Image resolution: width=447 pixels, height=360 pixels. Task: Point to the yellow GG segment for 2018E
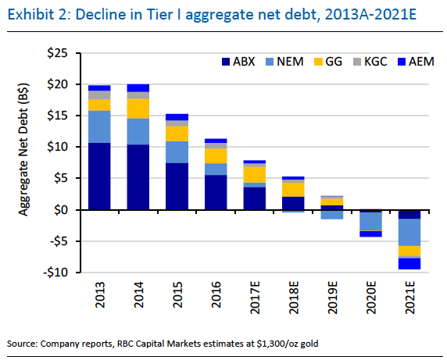[293, 189]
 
